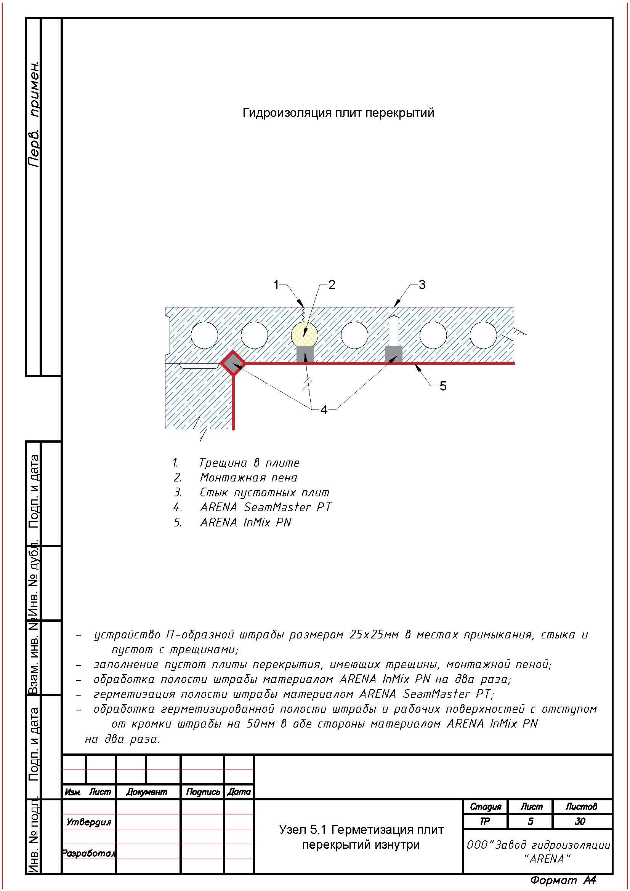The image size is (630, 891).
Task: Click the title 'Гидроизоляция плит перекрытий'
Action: click(338, 113)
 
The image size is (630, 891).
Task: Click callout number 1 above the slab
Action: click(276, 285)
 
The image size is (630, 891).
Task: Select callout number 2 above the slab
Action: click(332, 285)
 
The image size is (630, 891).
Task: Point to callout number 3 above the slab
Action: click(422, 285)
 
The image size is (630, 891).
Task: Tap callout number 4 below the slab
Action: click(324, 410)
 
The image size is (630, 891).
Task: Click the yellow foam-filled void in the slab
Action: click(304, 334)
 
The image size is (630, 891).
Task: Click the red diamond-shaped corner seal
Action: click(233, 363)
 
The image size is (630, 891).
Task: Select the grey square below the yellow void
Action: click(305, 354)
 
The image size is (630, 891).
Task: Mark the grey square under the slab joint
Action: click(393, 354)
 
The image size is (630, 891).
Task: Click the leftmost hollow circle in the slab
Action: click(205, 335)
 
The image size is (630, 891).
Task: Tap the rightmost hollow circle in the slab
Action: click(483, 335)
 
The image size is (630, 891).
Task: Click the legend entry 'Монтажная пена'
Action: click(248, 478)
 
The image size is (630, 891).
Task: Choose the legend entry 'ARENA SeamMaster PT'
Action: click(266, 507)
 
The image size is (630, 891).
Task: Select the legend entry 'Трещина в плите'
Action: click(249, 463)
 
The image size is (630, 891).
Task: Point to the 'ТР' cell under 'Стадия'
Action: click(485, 821)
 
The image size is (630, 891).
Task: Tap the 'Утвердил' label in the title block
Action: click(88, 822)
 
